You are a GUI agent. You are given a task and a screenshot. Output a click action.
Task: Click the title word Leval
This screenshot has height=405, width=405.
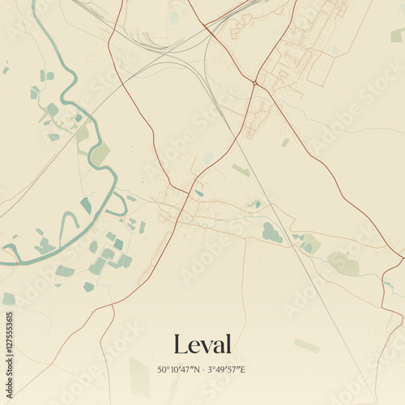202,343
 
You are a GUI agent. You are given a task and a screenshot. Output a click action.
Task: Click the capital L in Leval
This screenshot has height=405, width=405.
181,343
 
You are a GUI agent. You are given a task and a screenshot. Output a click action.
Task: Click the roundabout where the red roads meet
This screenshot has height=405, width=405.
254,83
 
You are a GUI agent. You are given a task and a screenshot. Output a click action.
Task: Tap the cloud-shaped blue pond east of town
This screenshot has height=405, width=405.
271,233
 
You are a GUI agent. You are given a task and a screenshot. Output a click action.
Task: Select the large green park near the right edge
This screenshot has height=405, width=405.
343,263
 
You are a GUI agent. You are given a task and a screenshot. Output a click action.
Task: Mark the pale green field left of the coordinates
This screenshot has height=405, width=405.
139,376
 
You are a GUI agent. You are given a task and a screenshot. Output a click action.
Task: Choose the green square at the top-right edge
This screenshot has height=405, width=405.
396,36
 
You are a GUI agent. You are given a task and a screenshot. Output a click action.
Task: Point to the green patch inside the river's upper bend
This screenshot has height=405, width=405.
100,153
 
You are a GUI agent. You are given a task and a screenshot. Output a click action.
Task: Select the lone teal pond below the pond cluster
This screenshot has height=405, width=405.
88,287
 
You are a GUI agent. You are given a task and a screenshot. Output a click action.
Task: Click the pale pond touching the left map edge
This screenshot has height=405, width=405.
8,299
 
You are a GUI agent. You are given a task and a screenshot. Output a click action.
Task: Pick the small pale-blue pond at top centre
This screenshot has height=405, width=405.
173,18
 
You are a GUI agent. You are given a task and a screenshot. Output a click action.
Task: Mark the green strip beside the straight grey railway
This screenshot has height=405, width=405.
241,170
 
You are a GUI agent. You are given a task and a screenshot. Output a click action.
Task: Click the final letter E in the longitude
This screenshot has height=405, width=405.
242,370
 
